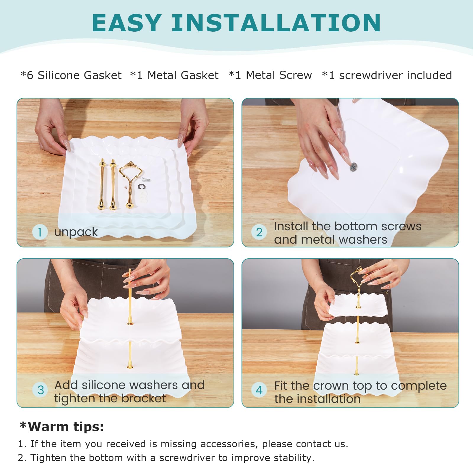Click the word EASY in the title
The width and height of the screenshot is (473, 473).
tap(127, 23)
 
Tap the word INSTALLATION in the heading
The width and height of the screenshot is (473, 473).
tap(276, 23)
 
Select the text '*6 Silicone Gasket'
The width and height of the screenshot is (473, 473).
tap(71, 75)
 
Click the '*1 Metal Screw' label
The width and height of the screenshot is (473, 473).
tap(270, 75)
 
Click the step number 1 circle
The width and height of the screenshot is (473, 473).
tap(40, 232)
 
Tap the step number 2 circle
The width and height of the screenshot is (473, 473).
tap(259, 232)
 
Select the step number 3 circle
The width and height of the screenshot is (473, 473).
tap(41, 390)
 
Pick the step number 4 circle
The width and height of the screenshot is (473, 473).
tap(259, 390)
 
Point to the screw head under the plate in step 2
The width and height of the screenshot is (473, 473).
tap(353, 167)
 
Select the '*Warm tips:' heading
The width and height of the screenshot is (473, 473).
tap(61, 427)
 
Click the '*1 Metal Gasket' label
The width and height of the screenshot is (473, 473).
tap(174, 75)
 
